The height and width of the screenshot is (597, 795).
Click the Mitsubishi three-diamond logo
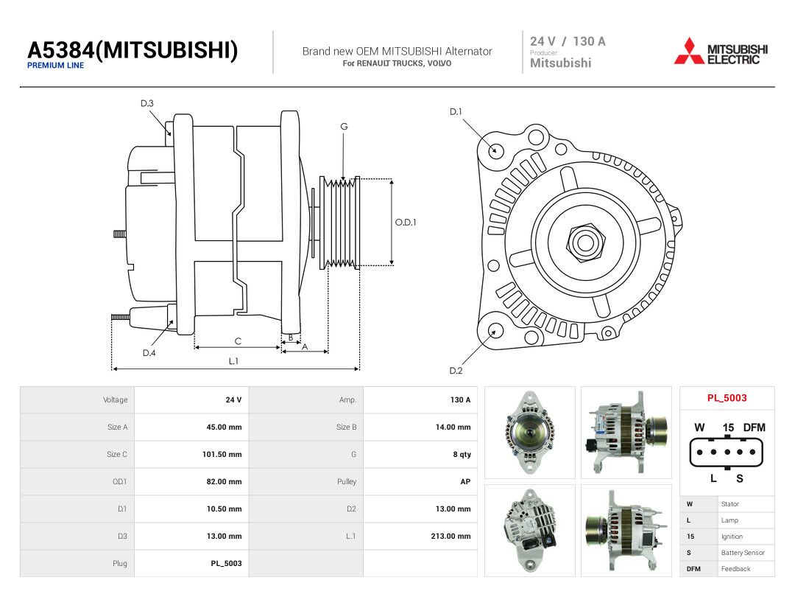tap(688, 52)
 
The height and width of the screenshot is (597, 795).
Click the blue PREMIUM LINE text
tap(55, 66)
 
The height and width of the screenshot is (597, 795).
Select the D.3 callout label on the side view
tap(147, 104)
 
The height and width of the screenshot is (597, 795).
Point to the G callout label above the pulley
tap(344, 127)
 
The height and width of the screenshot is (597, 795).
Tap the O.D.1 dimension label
tap(406, 223)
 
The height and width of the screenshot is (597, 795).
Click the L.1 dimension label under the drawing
tap(233, 361)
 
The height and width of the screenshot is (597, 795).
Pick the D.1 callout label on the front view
tap(456, 112)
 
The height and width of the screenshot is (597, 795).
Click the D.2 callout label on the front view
tap(456, 371)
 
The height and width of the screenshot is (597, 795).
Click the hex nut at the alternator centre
tap(586, 242)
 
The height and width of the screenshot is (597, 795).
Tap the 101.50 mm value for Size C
tap(222, 454)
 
